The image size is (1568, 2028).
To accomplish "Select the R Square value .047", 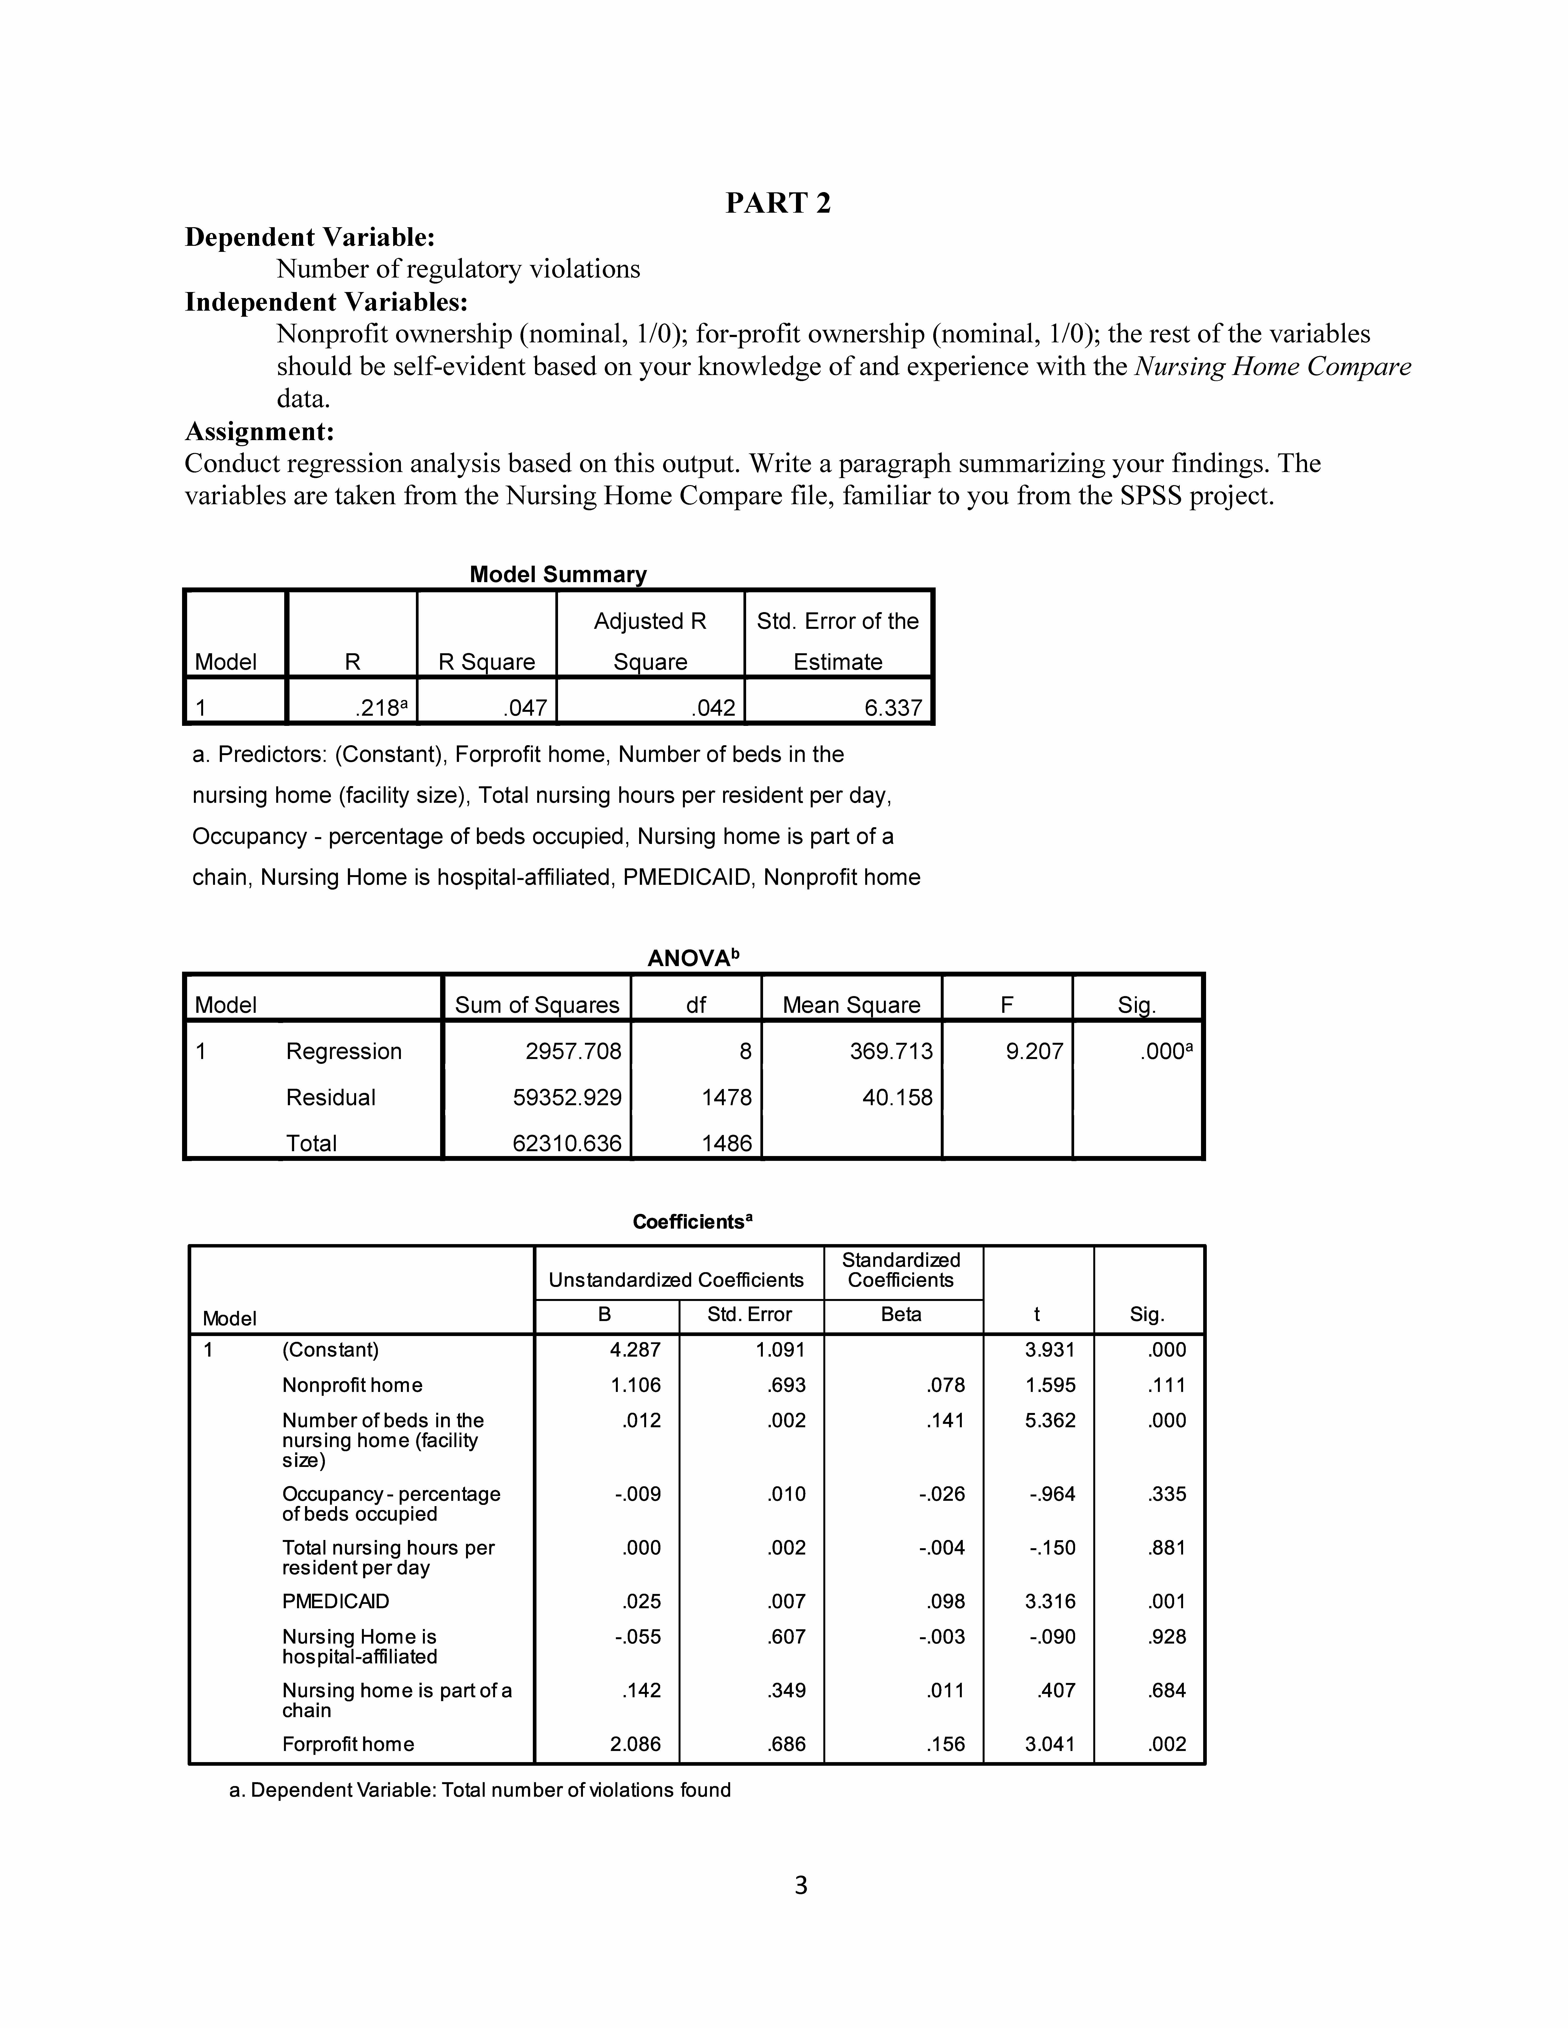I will (x=526, y=707).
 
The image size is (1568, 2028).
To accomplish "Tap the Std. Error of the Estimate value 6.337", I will (x=893, y=707).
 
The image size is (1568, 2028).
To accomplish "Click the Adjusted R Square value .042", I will (x=713, y=707).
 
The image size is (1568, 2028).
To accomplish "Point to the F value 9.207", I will (x=1034, y=1051).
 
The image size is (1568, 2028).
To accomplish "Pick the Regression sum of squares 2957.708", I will (x=573, y=1051).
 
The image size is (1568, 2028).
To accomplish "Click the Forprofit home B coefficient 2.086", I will (x=635, y=1744).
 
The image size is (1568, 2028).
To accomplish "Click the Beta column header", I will (x=901, y=1314).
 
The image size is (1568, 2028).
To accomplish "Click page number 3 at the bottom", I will (x=801, y=1885).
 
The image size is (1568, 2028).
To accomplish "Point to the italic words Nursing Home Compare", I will (x=1273, y=367).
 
